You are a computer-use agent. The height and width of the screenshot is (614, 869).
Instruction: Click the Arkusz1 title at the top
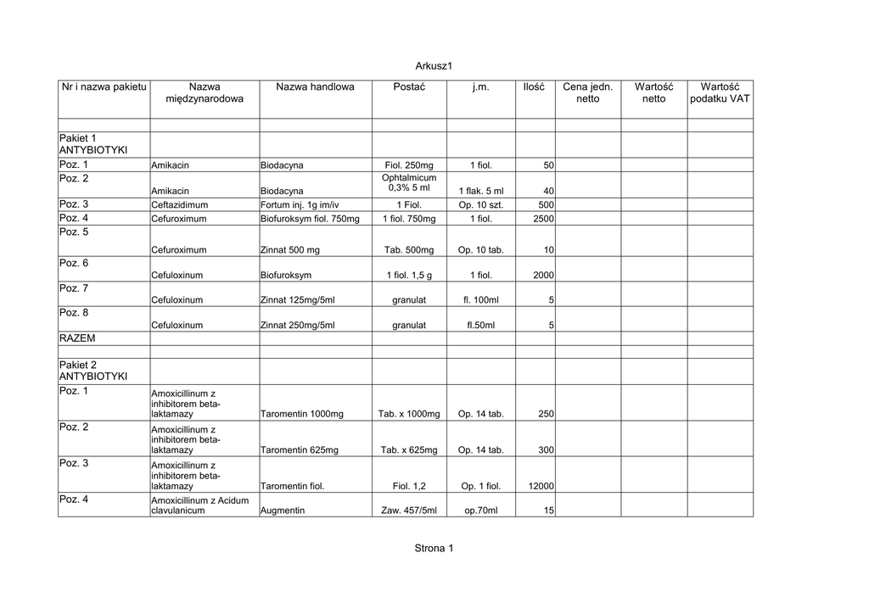434,65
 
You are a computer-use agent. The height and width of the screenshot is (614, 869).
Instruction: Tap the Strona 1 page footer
434,549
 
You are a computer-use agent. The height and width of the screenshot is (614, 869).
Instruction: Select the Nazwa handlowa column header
315,87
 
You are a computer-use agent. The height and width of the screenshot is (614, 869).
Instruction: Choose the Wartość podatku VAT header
720,93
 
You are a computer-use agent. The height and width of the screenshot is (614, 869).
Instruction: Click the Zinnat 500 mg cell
290,251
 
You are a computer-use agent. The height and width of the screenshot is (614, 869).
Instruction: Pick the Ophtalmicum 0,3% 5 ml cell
409,183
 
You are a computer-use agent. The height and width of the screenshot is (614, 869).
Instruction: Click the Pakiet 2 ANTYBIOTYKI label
93,371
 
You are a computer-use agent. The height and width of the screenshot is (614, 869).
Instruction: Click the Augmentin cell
283,511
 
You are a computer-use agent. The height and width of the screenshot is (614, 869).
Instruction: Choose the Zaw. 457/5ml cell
409,511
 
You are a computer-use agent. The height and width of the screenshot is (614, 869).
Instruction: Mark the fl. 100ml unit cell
480,300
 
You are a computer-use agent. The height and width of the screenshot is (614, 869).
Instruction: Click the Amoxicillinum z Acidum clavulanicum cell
200,506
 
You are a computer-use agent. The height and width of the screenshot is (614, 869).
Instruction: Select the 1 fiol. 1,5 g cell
409,276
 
